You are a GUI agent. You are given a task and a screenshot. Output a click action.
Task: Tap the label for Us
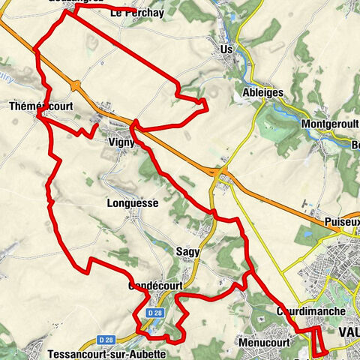pos(226,49)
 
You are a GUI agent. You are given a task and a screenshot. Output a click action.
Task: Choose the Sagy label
pos(188,252)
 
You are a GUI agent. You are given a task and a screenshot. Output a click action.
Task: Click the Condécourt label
pos(151,286)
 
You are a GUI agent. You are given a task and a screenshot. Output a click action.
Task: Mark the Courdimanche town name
pos(310,310)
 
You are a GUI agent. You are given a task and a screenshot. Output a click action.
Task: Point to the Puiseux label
pos(342,223)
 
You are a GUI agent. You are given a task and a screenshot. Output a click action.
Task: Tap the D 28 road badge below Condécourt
pos(154,312)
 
